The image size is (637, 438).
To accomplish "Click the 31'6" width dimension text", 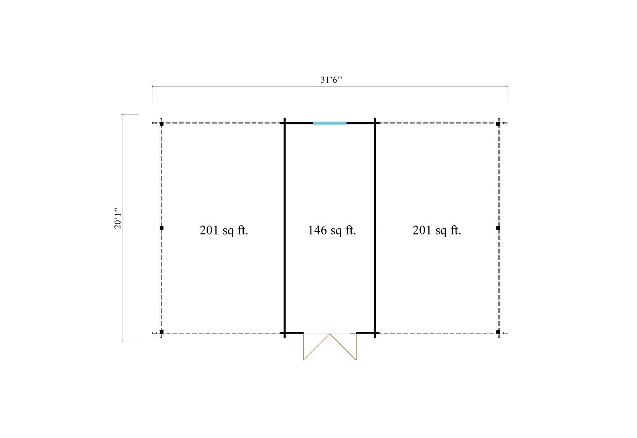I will coord(332,80).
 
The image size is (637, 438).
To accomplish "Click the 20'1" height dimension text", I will coord(118,219).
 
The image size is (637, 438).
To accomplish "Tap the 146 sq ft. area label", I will coord(332,230).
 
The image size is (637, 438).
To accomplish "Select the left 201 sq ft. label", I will coord(224,230).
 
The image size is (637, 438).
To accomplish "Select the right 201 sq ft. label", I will coord(437,230).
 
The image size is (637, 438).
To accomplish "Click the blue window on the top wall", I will coord(330,123).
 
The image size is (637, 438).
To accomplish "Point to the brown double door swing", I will coord(330,347).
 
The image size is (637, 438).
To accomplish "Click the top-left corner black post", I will coord(161,124).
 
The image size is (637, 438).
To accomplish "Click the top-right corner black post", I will coord(498,124).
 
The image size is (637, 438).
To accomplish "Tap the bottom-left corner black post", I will coord(161,332).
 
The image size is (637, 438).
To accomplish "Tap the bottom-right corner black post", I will coord(498,332).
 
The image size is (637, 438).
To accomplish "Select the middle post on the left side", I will coord(161,228).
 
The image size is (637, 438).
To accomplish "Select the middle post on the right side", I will coord(498,228).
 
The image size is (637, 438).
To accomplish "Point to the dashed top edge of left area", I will coord(221,123).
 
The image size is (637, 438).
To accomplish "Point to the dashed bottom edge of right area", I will coord(438,332).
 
